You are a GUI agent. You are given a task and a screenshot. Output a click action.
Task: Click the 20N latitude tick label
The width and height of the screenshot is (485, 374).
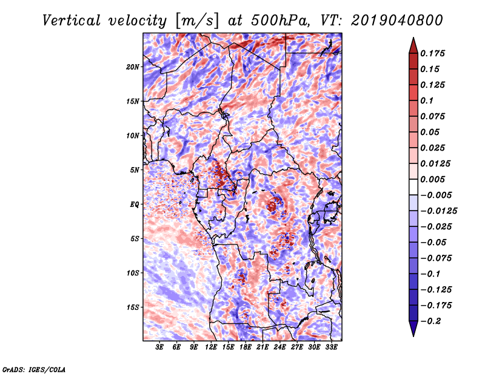click(133, 67)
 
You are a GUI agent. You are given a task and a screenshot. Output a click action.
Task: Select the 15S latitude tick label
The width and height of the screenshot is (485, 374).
click(133, 307)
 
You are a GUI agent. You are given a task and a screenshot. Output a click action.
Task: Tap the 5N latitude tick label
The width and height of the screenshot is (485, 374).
click(135, 170)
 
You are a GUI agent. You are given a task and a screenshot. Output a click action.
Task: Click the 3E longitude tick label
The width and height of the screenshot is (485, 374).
click(160, 348)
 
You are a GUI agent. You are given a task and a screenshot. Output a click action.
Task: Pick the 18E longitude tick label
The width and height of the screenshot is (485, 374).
click(246, 348)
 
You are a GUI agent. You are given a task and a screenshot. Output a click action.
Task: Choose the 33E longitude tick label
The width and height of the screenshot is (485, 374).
click(331, 348)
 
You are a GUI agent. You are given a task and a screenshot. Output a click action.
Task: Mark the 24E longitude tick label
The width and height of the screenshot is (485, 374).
click(280, 348)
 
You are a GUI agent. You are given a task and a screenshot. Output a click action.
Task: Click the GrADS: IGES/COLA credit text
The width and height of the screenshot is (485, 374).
click(34, 369)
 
